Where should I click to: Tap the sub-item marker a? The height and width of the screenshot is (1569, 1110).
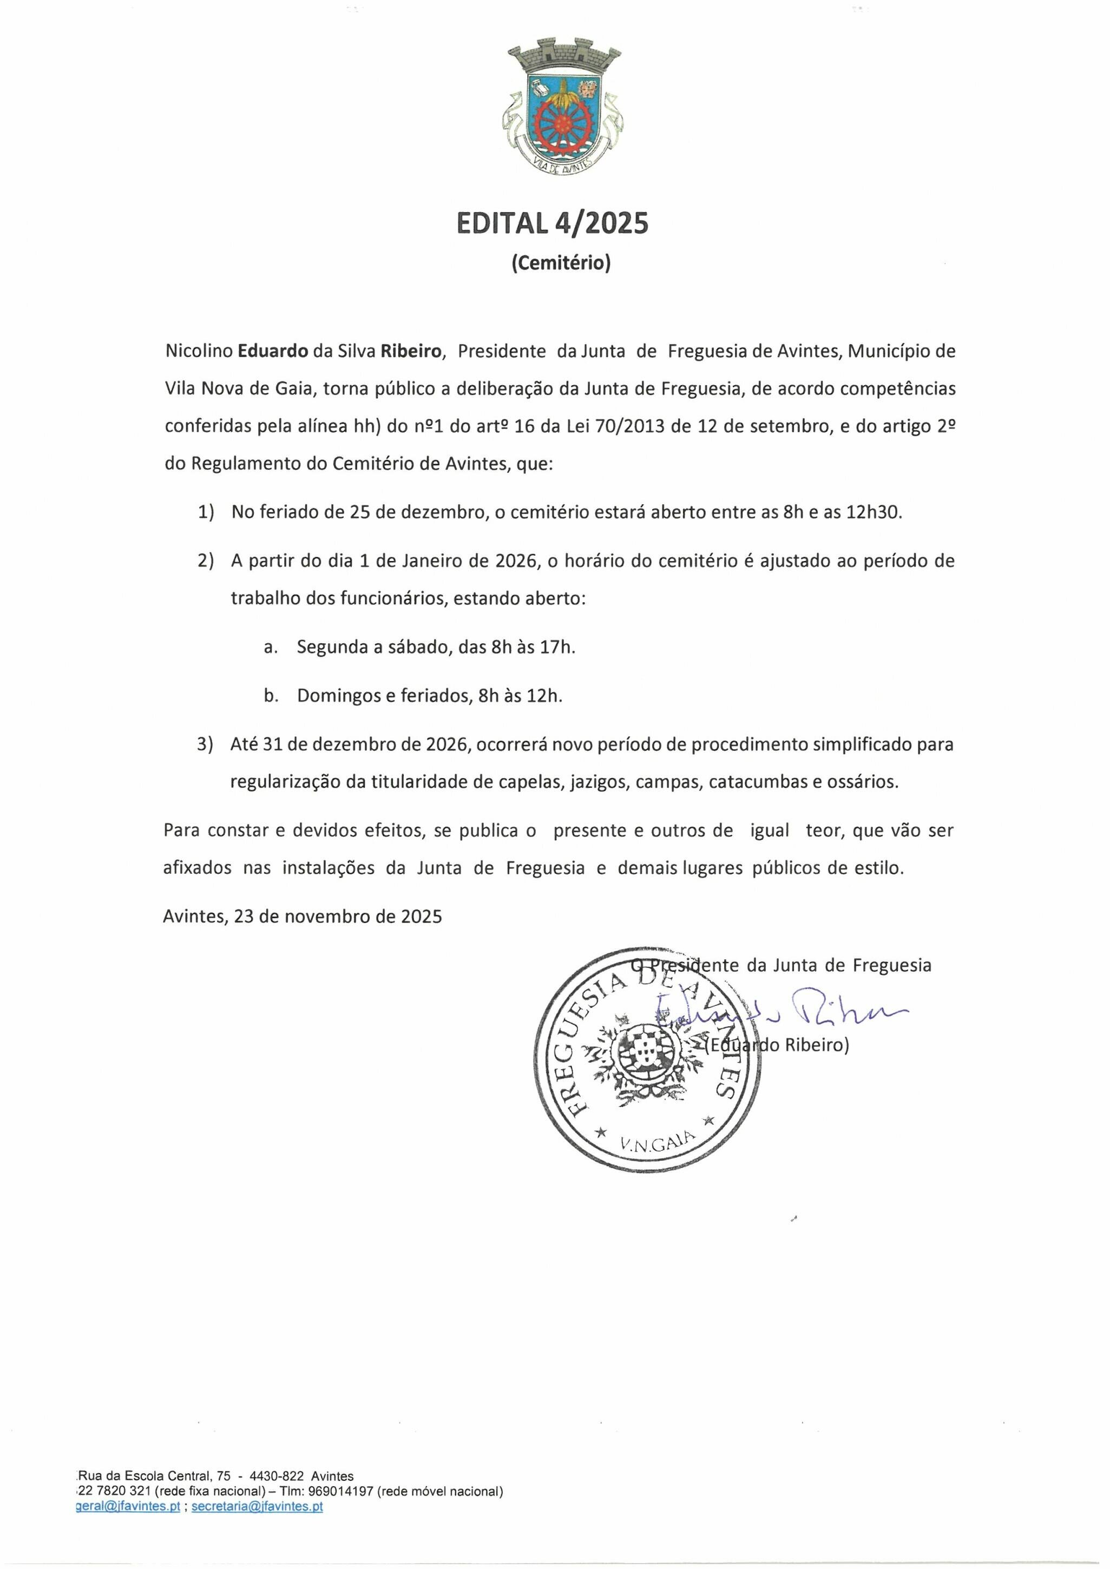tap(271, 647)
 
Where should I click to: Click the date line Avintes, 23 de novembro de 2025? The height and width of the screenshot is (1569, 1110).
tap(303, 917)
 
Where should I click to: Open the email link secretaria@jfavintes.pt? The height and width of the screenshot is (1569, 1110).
tap(257, 1507)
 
